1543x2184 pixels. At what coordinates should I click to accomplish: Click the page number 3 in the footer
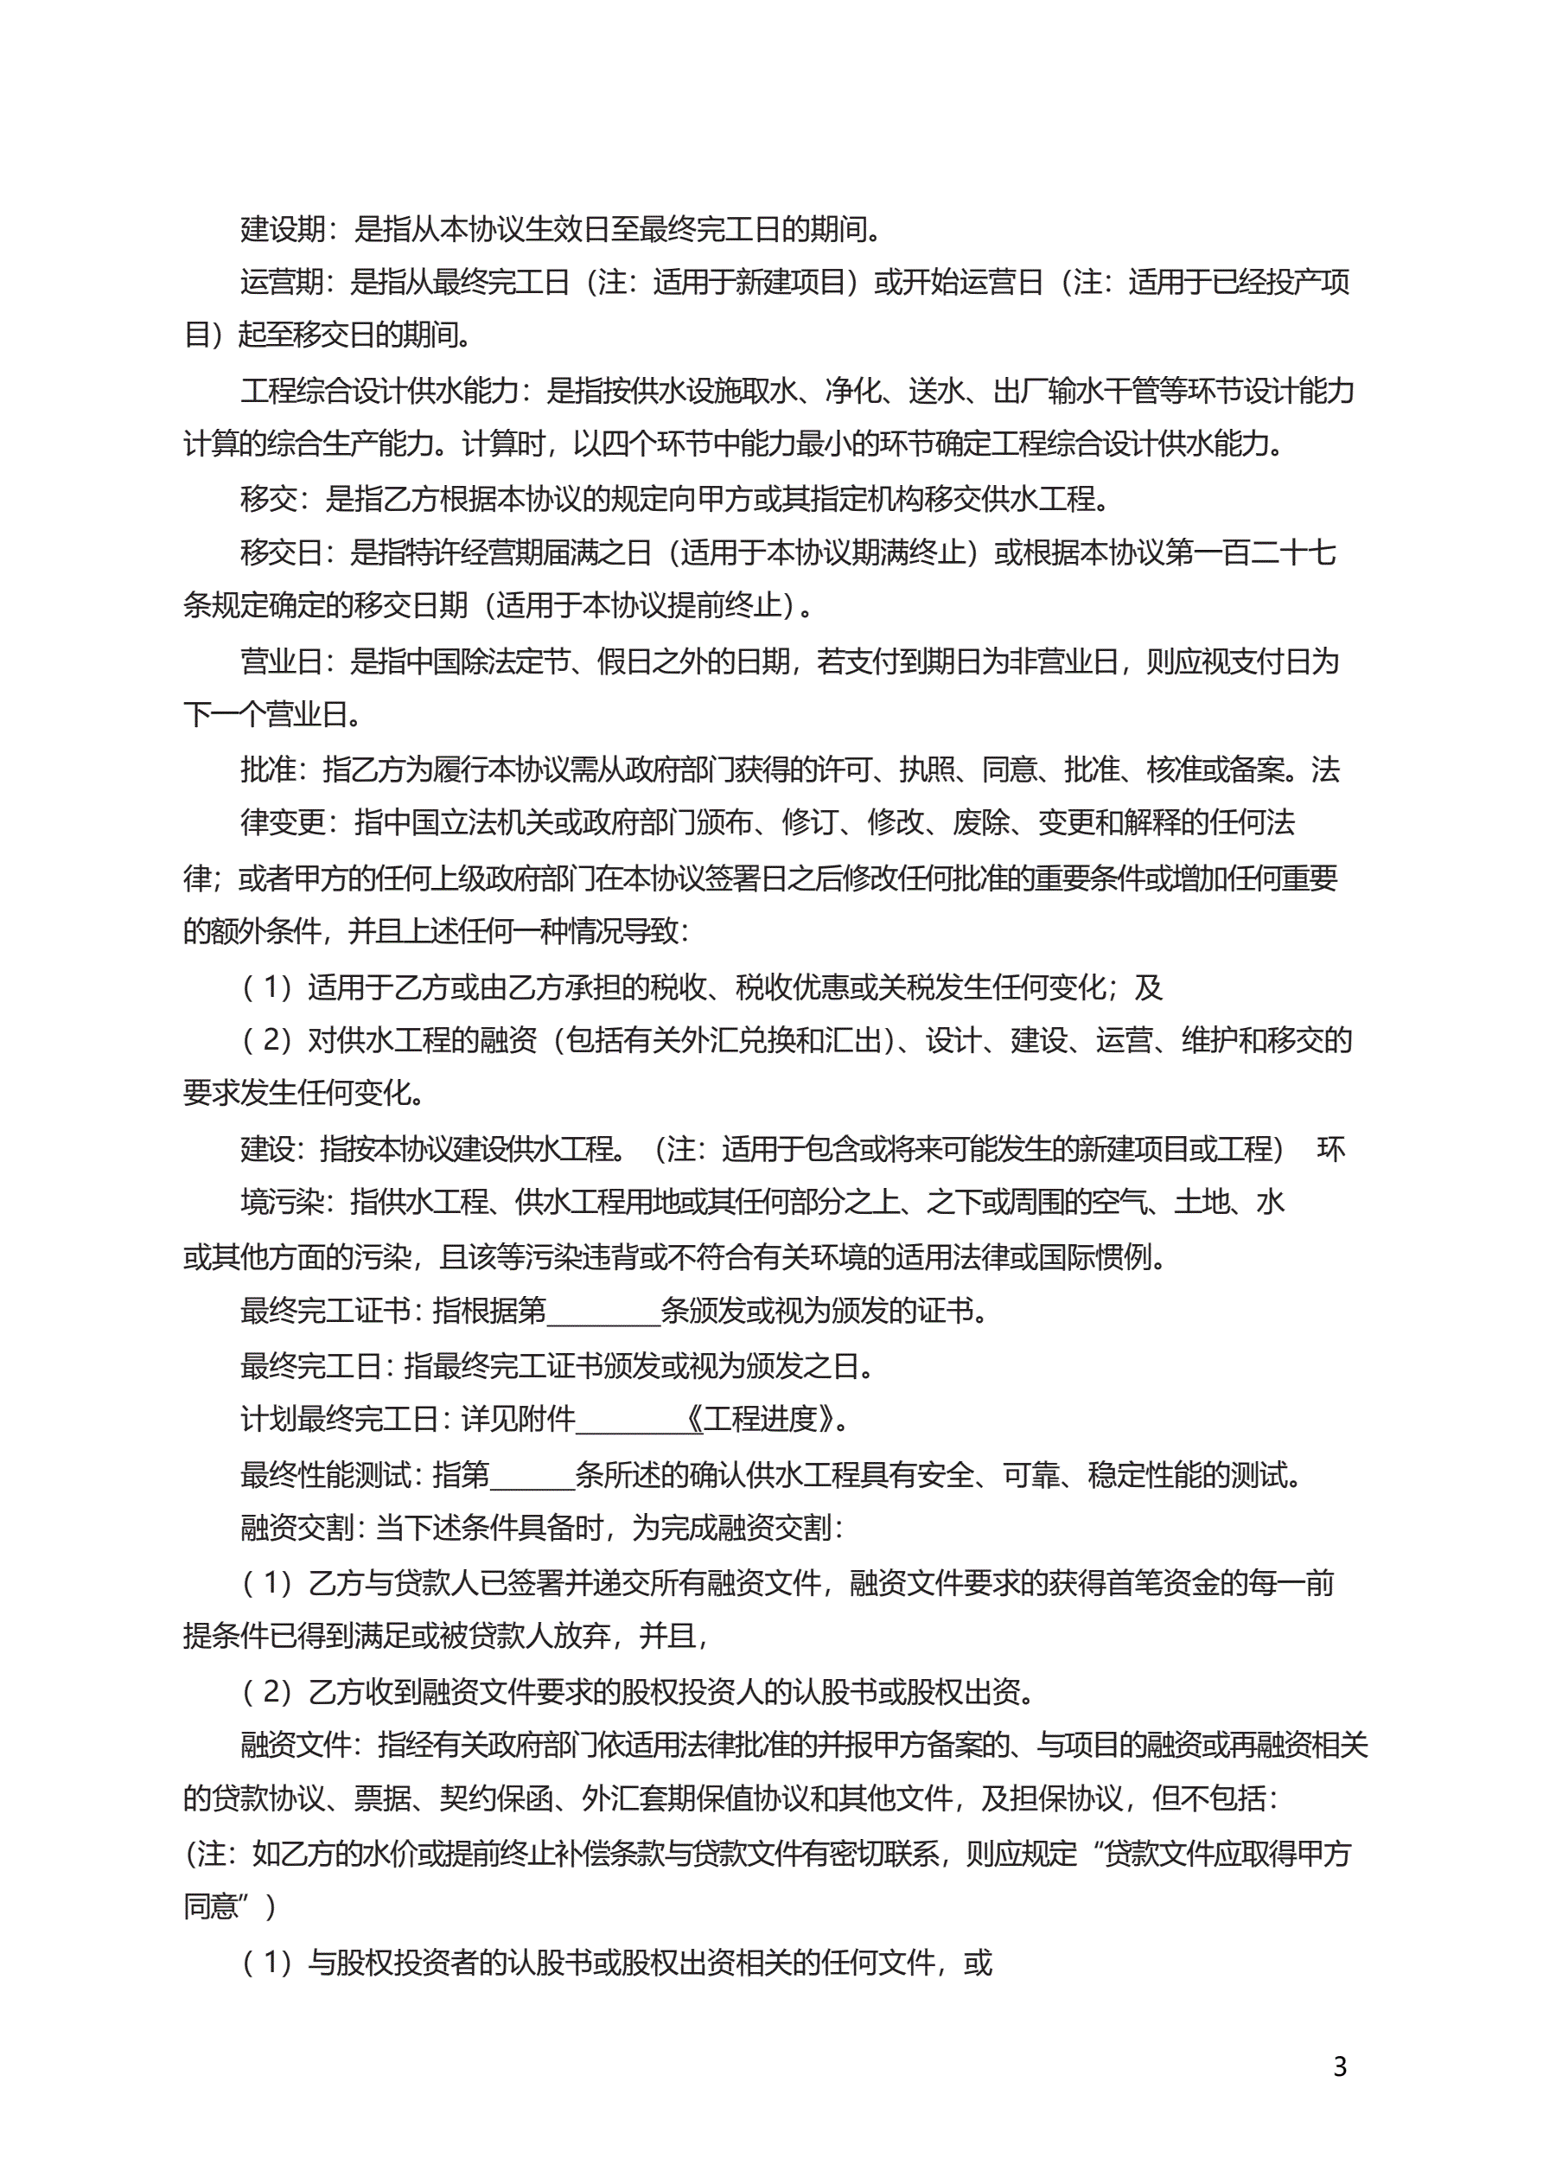[x=1339, y=2066]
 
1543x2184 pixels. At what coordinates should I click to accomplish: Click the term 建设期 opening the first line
[x=283, y=228]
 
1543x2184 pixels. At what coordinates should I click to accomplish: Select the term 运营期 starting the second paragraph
[x=283, y=282]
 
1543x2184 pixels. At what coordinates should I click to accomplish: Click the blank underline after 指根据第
[x=603, y=1311]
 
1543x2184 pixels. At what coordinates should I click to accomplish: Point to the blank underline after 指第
[x=532, y=1474]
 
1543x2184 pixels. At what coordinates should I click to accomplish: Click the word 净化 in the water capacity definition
[x=853, y=390]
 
